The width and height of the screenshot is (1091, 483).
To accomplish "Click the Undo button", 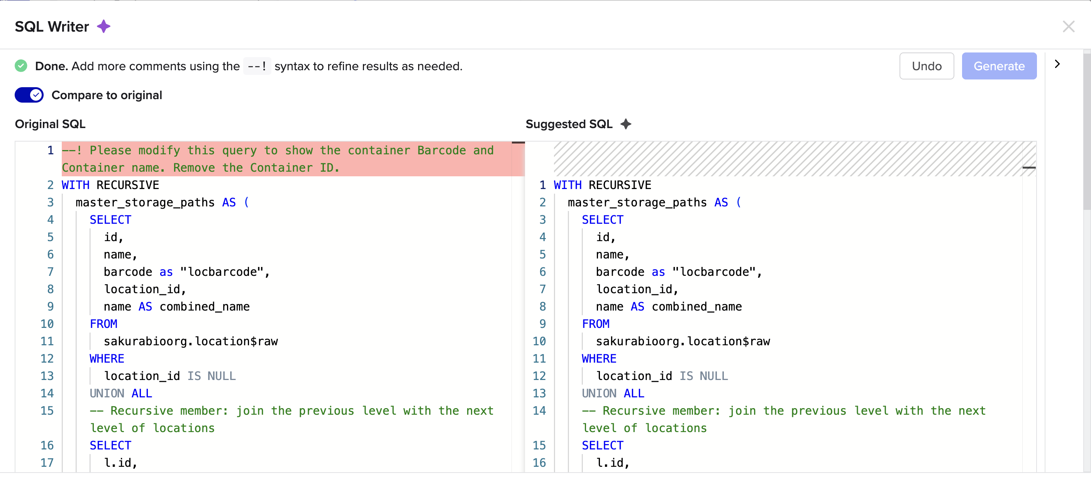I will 926,66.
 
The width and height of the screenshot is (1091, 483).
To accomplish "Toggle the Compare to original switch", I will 29,95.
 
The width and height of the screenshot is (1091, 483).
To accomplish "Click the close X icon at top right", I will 1068,27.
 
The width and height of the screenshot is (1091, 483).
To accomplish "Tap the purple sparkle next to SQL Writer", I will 104,27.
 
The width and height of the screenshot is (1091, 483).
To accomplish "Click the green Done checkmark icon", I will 21,66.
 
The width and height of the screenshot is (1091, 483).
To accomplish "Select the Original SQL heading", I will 50,124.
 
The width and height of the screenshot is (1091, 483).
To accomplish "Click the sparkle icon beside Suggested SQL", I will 625,124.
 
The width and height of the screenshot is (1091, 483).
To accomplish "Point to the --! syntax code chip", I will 257,66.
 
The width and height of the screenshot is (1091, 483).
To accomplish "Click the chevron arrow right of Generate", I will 1057,64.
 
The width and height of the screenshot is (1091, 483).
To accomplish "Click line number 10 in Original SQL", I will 47,324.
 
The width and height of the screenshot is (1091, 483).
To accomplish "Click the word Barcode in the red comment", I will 441,150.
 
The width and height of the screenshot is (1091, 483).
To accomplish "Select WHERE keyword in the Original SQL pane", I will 107,358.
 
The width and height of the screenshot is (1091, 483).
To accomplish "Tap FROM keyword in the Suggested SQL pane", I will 595,324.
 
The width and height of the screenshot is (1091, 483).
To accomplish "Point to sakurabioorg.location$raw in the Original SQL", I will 191,341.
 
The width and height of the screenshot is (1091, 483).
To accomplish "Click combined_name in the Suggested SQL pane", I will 696,306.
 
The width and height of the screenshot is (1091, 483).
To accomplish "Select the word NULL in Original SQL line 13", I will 221,376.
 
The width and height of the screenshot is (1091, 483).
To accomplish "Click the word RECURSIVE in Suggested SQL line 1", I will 620,185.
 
